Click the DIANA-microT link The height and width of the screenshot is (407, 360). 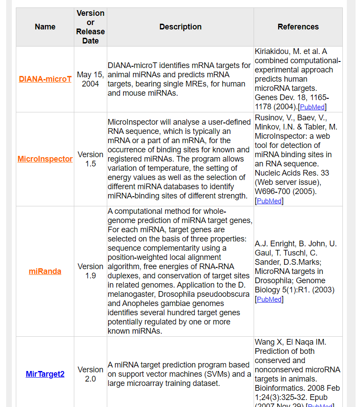pyautogui.click(x=45, y=79)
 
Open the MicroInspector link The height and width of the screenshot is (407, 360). pyautogui.click(x=45, y=159)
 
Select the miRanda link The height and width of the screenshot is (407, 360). pyautogui.click(x=45, y=271)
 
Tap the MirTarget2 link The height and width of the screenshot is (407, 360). pyautogui.click(x=45, y=374)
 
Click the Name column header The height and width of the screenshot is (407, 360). pyautogui.click(x=45, y=27)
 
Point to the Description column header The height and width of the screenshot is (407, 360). pyautogui.click(x=180, y=27)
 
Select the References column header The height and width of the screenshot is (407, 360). pyautogui.click(x=298, y=27)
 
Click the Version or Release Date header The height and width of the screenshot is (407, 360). pyautogui.click(x=91, y=27)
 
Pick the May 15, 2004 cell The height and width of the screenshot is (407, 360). pyautogui.click(x=91, y=79)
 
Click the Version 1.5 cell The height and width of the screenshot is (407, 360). pyautogui.click(x=91, y=159)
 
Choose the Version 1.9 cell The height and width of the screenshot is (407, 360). pyautogui.click(x=91, y=271)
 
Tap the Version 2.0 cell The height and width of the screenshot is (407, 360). pyautogui.click(x=91, y=374)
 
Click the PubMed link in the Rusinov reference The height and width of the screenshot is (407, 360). pyautogui.click(x=269, y=201)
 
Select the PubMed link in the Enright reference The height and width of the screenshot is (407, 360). pyautogui.click(x=269, y=299)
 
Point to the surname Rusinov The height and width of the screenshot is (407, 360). pyautogui.click(x=269, y=117)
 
